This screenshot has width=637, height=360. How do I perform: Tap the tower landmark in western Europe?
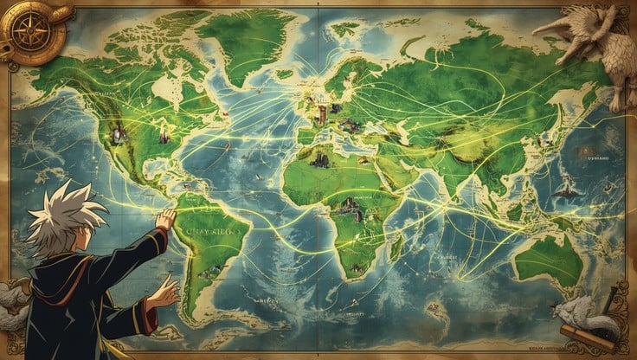321,112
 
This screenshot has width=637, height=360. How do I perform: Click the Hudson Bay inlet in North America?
161,87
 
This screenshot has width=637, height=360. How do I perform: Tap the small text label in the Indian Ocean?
446,257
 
